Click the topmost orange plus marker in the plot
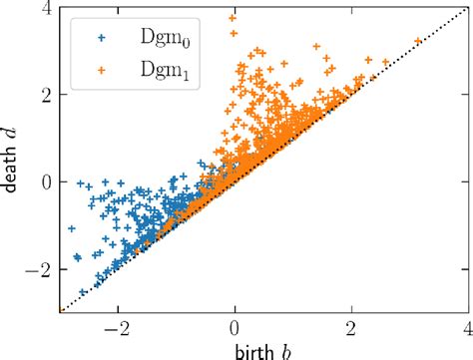[233, 18]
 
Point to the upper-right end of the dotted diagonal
[465, 9]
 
